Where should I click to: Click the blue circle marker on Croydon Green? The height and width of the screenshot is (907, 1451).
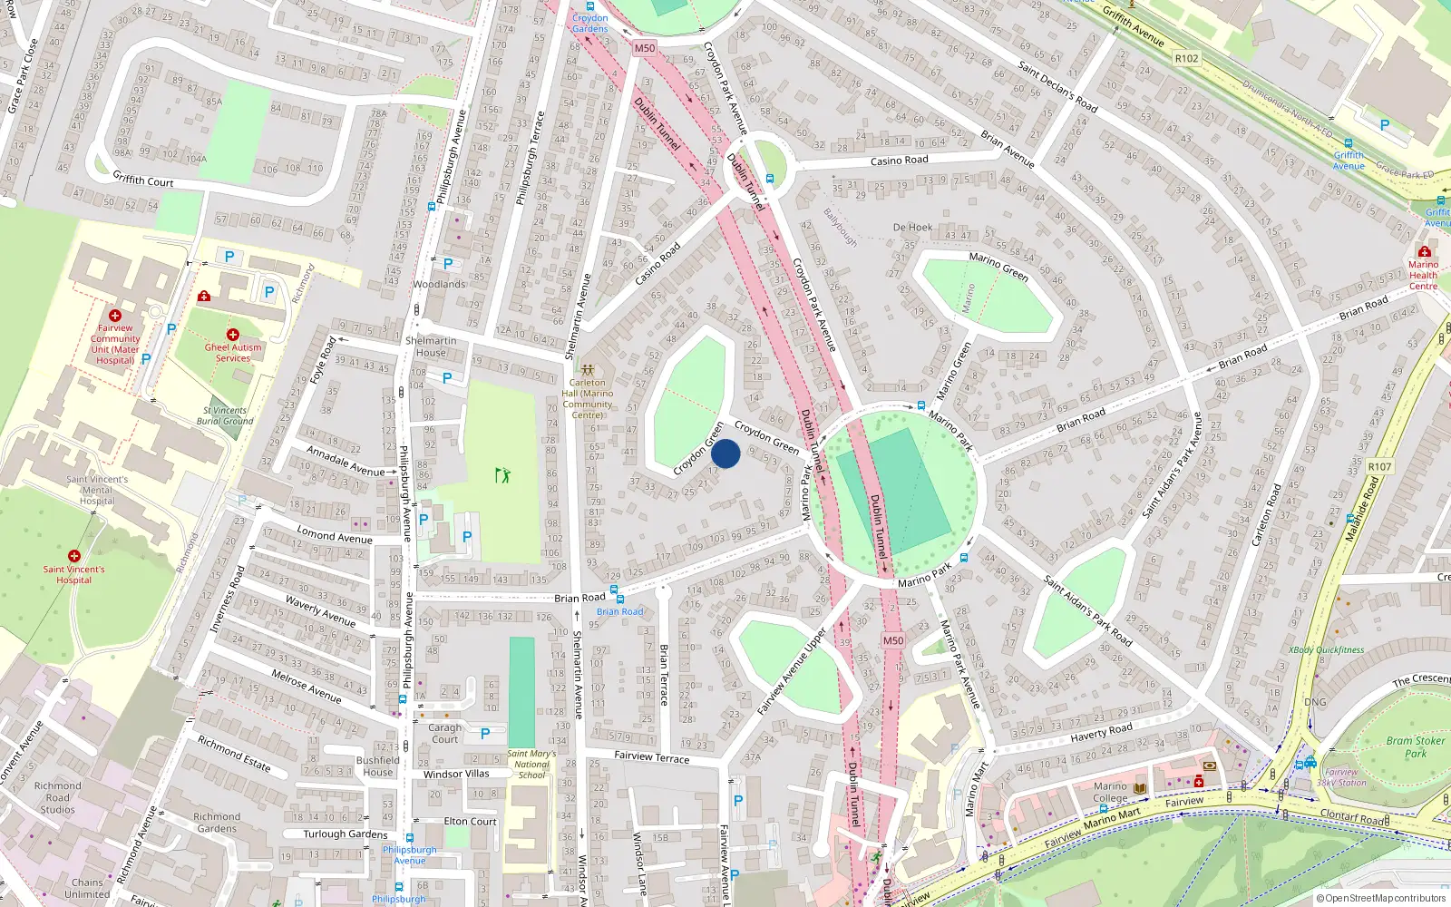[x=725, y=453]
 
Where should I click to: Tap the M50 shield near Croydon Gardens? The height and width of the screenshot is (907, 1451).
[x=644, y=48]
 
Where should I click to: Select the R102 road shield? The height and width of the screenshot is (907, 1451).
[x=1186, y=58]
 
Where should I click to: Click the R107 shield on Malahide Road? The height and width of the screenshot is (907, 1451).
[x=1379, y=466]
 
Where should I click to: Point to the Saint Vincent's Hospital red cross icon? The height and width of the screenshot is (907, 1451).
[x=74, y=555]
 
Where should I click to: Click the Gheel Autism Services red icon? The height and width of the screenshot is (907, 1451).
[x=233, y=335]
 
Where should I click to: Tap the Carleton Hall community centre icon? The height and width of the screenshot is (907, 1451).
[x=588, y=370]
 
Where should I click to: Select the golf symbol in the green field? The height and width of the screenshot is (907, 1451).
[x=502, y=474]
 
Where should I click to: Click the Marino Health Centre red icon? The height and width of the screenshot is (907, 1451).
[x=1424, y=251]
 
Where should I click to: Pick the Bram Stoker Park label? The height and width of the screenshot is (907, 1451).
[x=1416, y=746]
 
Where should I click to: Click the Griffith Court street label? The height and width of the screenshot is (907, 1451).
[x=143, y=180]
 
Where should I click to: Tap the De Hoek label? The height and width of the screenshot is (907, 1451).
[x=912, y=228]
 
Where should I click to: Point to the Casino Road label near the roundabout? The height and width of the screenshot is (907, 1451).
[x=899, y=161]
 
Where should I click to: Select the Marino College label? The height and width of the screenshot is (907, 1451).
[x=1110, y=792]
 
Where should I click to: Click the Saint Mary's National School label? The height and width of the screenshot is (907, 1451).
[x=531, y=764]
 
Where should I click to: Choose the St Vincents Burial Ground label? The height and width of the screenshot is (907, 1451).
[x=225, y=415]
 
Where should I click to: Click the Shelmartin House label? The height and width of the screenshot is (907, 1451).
[x=431, y=346]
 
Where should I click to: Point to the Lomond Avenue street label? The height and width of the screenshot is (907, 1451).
[x=335, y=535]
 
